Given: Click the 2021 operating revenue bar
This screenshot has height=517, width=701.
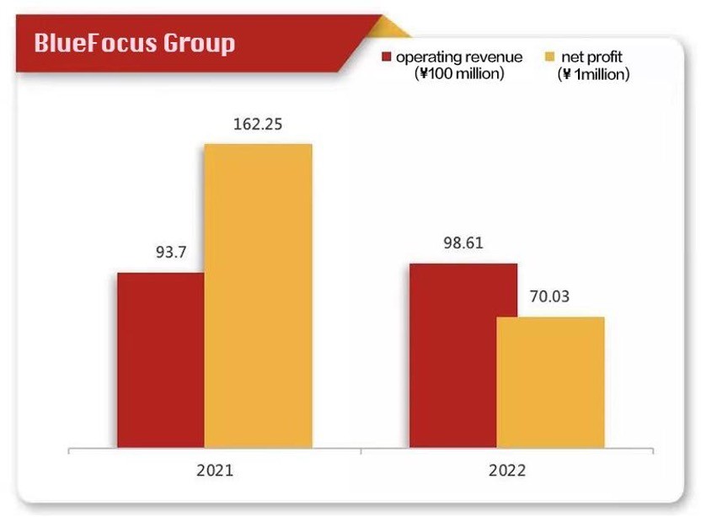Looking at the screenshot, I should pyautogui.click(x=160, y=360).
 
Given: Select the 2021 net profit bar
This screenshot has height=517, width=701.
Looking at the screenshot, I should pyautogui.click(x=258, y=296).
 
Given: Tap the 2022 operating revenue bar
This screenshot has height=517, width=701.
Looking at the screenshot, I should pyautogui.click(x=453, y=355).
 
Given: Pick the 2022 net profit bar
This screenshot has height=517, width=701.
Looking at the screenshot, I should pyautogui.click(x=551, y=382).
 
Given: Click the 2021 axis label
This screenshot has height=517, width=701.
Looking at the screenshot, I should pyautogui.click(x=215, y=469).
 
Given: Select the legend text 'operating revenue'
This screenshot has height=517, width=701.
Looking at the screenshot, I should pyautogui.click(x=459, y=58).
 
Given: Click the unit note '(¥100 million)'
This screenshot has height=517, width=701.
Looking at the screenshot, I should pyautogui.click(x=460, y=75).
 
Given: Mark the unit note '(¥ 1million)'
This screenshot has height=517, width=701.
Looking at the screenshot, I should pyautogui.click(x=594, y=75).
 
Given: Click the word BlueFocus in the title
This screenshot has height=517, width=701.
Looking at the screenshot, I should pyautogui.click(x=104, y=43).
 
